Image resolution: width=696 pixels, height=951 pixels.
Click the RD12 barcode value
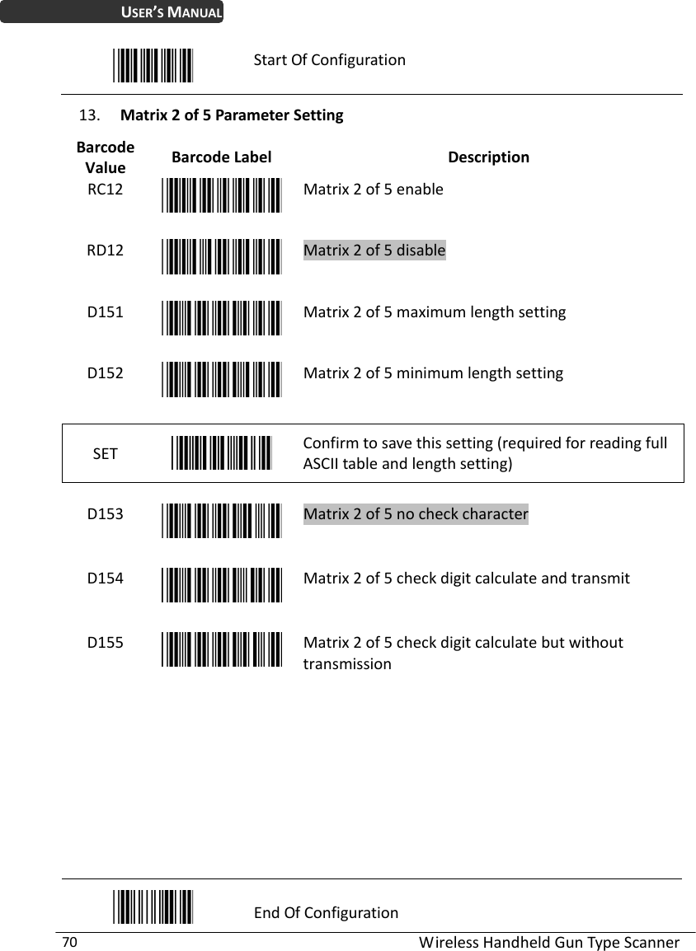click(106, 251)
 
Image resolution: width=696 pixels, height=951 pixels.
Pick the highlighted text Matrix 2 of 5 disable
click(374, 251)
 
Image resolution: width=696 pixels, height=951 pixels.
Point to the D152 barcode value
click(106, 372)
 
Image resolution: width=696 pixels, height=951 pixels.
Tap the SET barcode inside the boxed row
click(222, 452)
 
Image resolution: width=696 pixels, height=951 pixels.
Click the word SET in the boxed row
click(105, 453)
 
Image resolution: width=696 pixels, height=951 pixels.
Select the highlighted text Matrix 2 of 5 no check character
click(416, 514)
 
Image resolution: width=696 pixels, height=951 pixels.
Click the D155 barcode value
click(106, 642)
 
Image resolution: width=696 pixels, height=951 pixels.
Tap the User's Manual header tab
click(111, 12)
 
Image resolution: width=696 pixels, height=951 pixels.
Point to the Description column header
click(488, 157)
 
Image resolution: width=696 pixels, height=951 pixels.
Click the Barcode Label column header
click(221, 157)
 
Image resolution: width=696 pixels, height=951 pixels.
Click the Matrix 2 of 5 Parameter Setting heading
click(232, 115)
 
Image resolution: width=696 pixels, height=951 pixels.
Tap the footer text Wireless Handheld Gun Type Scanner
click(549, 942)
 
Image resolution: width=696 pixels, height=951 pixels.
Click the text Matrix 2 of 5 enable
click(373, 189)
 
